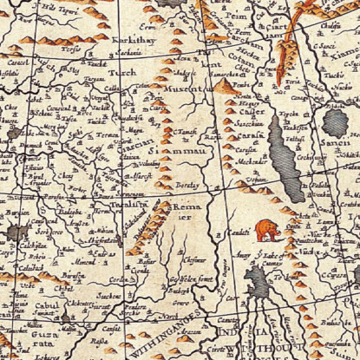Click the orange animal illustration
[x=267, y=230]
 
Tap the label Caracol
[x=16, y=65]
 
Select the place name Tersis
[x=71, y=50]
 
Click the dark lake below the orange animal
[x=258, y=282]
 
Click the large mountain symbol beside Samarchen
[x=224, y=87]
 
